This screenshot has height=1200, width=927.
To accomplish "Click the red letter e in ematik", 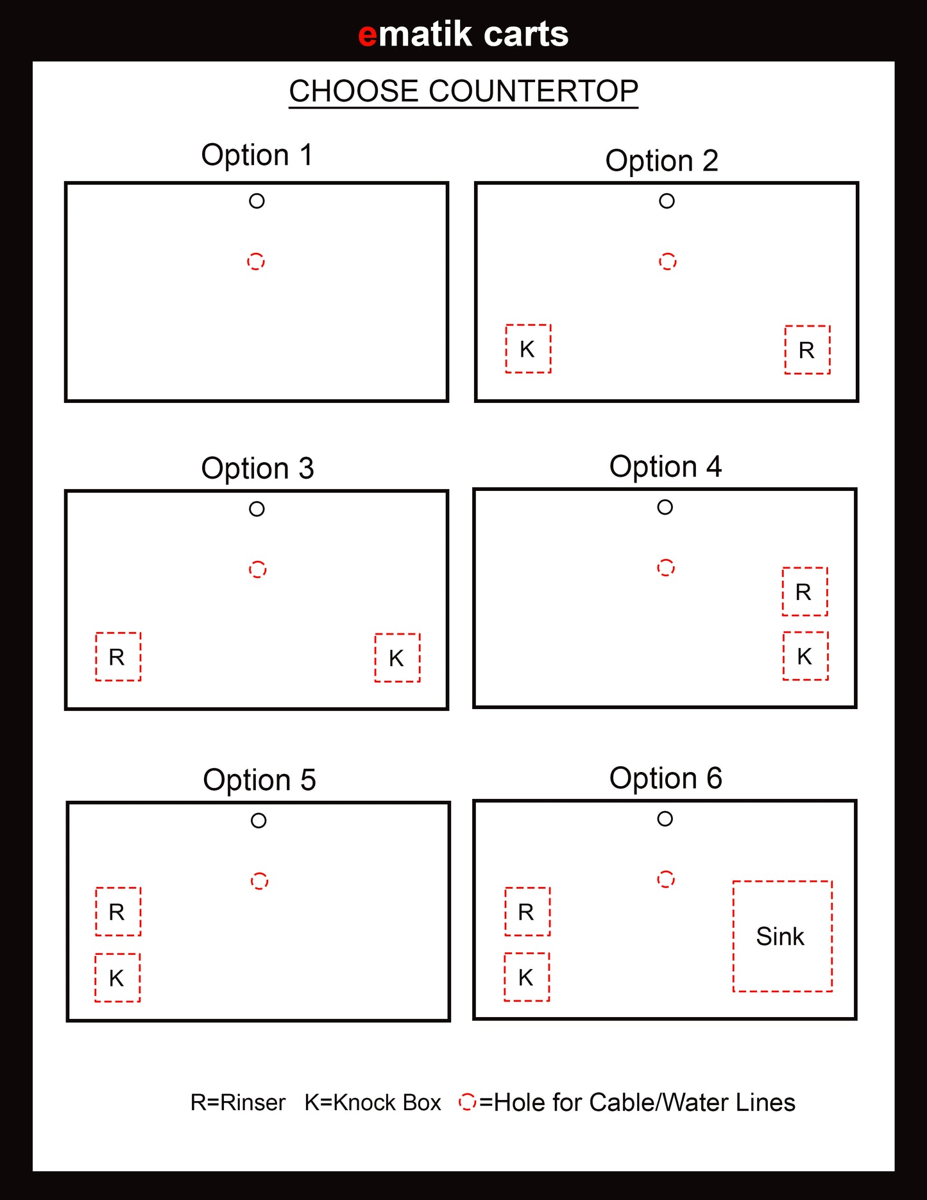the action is pyautogui.click(x=368, y=35).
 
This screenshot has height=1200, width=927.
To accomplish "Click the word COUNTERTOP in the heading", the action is pyautogui.click(x=533, y=91).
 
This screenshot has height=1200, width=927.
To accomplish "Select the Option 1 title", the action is pyautogui.click(x=257, y=155).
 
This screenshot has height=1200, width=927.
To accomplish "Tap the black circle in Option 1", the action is pyautogui.click(x=257, y=201).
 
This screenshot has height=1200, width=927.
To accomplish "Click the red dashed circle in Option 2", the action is pyautogui.click(x=667, y=261).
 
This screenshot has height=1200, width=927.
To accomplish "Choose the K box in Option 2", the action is pyautogui.click(x=528, y=348).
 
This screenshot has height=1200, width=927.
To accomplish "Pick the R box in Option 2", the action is pyautogui.click(x=807, y=350).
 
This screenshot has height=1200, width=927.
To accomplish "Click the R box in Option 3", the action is pyautogui.click(x=118, y=656).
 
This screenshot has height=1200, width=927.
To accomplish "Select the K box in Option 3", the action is pyautogui.click(x=397, y=658).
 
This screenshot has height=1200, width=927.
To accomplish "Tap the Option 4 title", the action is pyautogui.click(x=665, y=467).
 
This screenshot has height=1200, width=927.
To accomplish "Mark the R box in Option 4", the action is pyautogui.click(x=804, y=592).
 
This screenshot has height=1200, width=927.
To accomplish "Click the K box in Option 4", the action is pyautogui.click(x=805, y=656).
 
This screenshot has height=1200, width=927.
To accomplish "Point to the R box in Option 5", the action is pyautogui.click(x=118, y=912).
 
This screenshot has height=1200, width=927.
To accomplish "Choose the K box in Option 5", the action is pyautogui.click(x=117, y=977).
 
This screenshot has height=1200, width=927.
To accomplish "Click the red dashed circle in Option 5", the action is pyautogui.click(x=259, y=881).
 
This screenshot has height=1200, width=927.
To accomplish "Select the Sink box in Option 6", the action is pyautogui.click(x=783, y=936).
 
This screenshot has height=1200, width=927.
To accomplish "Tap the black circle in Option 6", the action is pyautogui.click(x=665, y=819).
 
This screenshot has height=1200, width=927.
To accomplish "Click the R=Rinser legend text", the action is pyautogui.click(x=238, y=1102).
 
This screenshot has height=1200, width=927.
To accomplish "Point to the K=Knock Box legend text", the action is pyautogui.click(x=373, y=1102).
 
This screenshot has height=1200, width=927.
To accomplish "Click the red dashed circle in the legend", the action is pyautogui.click(x=468, y=1102).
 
